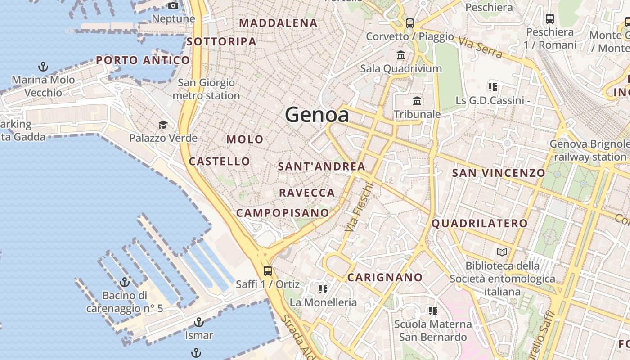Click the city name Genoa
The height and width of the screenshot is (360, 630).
(317, 115)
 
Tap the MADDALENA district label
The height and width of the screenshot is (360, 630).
(279, 23)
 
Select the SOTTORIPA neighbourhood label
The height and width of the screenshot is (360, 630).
(221, 41)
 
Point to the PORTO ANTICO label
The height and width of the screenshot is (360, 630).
(143, 60)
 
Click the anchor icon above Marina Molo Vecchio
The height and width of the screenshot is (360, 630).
(43, 67)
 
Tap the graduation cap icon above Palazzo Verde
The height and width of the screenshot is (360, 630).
(163, 125)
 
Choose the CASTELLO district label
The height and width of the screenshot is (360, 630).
(220, 161)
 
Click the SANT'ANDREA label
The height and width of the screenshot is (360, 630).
(322, 166)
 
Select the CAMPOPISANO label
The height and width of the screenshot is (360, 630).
(283, 212)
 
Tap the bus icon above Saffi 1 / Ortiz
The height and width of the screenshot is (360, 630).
(268, 270)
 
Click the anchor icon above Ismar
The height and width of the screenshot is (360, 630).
(198, 322)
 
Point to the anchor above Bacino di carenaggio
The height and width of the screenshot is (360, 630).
(125, 283)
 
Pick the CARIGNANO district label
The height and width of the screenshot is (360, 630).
(385, 277)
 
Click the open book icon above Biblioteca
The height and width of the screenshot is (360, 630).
(502, 252)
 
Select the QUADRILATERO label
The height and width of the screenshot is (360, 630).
(480, 223)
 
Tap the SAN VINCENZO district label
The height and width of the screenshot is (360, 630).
(499, 173)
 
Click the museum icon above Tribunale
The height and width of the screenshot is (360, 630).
(417, 101)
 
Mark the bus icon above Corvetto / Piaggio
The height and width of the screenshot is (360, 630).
(409, 23)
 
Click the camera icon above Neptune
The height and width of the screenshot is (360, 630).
(173, 6)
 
